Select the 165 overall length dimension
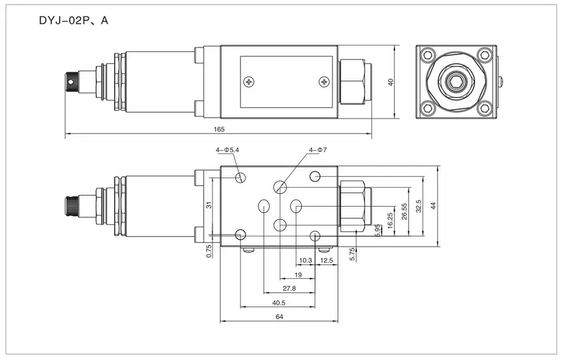pos(219,129)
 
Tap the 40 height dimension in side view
pos(391,82)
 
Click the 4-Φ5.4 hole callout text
pos(228,150)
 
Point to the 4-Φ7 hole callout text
pos(317,150)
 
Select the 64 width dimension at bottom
pos(280,316)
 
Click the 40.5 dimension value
pos(278,303)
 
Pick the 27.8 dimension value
pos(289,288)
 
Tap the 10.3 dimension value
pos(306,260)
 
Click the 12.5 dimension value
pos(327,260)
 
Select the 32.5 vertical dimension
pos(418,207)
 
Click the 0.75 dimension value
pos(208,252)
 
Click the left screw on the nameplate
pos(248,81)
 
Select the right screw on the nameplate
pos(325,81)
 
